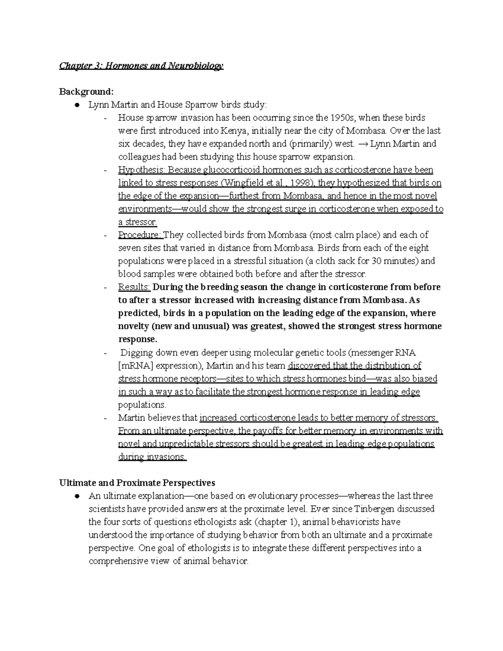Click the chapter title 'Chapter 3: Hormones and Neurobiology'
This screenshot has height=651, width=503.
pyautogui.click(x=141, y=66)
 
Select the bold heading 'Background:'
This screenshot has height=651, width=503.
pyautogui.click(x=86, y=92)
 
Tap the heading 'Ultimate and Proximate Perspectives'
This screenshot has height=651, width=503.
pyautogui.click(x=137, y=482)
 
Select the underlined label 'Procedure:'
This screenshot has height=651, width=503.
pyautogui.click(x=140, y=235)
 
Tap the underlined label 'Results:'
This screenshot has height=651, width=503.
pyautogui.click(x=134, y=287)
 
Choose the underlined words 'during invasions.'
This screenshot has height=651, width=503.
pyautogui.click(x=152, y=457)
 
